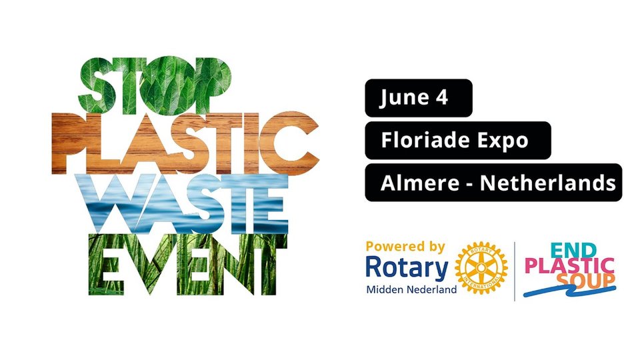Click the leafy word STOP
(155, 86)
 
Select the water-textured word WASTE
(187, 204)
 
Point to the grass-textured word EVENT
(188, 265)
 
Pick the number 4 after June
(442, 97)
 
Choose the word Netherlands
(548, 183)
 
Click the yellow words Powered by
(405, 247)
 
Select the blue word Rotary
(407, 269)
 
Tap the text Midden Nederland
(411, 290)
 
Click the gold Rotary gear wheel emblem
(481, 268)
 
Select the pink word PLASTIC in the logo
(569, 266)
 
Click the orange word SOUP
(586, 279)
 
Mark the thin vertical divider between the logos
(515, 271)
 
